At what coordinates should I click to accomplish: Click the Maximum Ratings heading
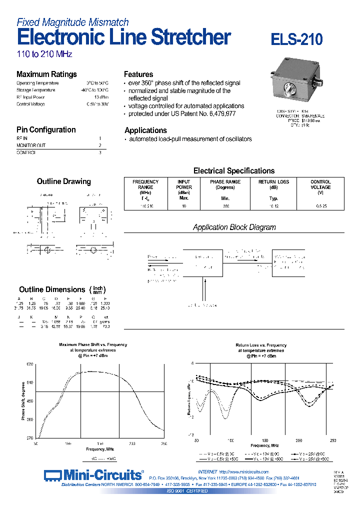pyautogui.click(x=46, y=74)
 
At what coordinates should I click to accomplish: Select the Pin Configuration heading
pyautogui.click(x=46, y=129)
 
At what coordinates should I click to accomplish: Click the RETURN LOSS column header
pyautogui.click(x=273, y=182)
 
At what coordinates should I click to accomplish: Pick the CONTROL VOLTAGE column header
pyautogui.click(x=320, y=184)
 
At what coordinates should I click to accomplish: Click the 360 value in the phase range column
pyautogui.click(x=225, y=206)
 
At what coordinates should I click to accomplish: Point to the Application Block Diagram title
pyautogui.click(x=234, y=227)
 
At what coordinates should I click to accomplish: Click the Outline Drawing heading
pyautogui.click(x=63, y=181)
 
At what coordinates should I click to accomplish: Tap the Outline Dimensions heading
pyautogui.click(x=52, y=289)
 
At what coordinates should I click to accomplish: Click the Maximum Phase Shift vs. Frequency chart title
pyautogui.click(x=93, y=344)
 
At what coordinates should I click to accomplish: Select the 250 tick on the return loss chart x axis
pyautogui.click(x=333, y=440)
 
